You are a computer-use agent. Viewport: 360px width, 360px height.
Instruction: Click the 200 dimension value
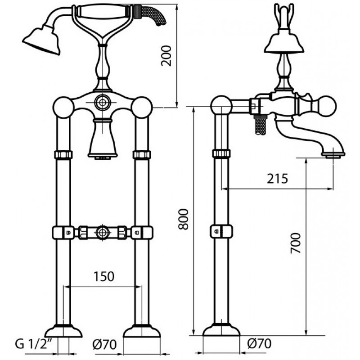click(166, 56)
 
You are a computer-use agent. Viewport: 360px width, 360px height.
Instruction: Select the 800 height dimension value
click(183, 219)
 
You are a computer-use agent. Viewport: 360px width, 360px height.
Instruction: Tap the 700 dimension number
click(296, 243)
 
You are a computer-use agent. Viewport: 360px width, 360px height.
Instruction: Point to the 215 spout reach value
click(277, 179)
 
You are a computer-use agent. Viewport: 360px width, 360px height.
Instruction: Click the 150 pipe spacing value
click(104, 276)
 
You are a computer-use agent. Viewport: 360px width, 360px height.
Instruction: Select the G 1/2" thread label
click(33, 344)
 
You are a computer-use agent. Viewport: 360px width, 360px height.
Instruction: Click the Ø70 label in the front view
click(105, 344)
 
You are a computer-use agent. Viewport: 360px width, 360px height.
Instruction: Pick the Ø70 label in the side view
click(260, 344)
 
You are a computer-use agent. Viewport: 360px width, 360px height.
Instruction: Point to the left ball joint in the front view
click(63, 108)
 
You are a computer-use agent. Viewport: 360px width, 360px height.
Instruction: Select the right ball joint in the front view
click(142, 108)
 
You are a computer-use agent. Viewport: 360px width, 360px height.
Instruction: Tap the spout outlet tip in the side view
click(333, 155)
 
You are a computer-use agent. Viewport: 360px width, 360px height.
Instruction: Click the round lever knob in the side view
click(326, 106)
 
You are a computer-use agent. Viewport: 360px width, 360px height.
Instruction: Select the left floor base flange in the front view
click(63, 331)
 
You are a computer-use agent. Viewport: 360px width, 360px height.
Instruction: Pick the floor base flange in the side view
click(221, 329)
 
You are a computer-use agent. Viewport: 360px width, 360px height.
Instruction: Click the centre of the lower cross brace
click(103, 232)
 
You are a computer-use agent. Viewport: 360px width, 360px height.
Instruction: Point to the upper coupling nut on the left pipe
click(63, 154)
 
